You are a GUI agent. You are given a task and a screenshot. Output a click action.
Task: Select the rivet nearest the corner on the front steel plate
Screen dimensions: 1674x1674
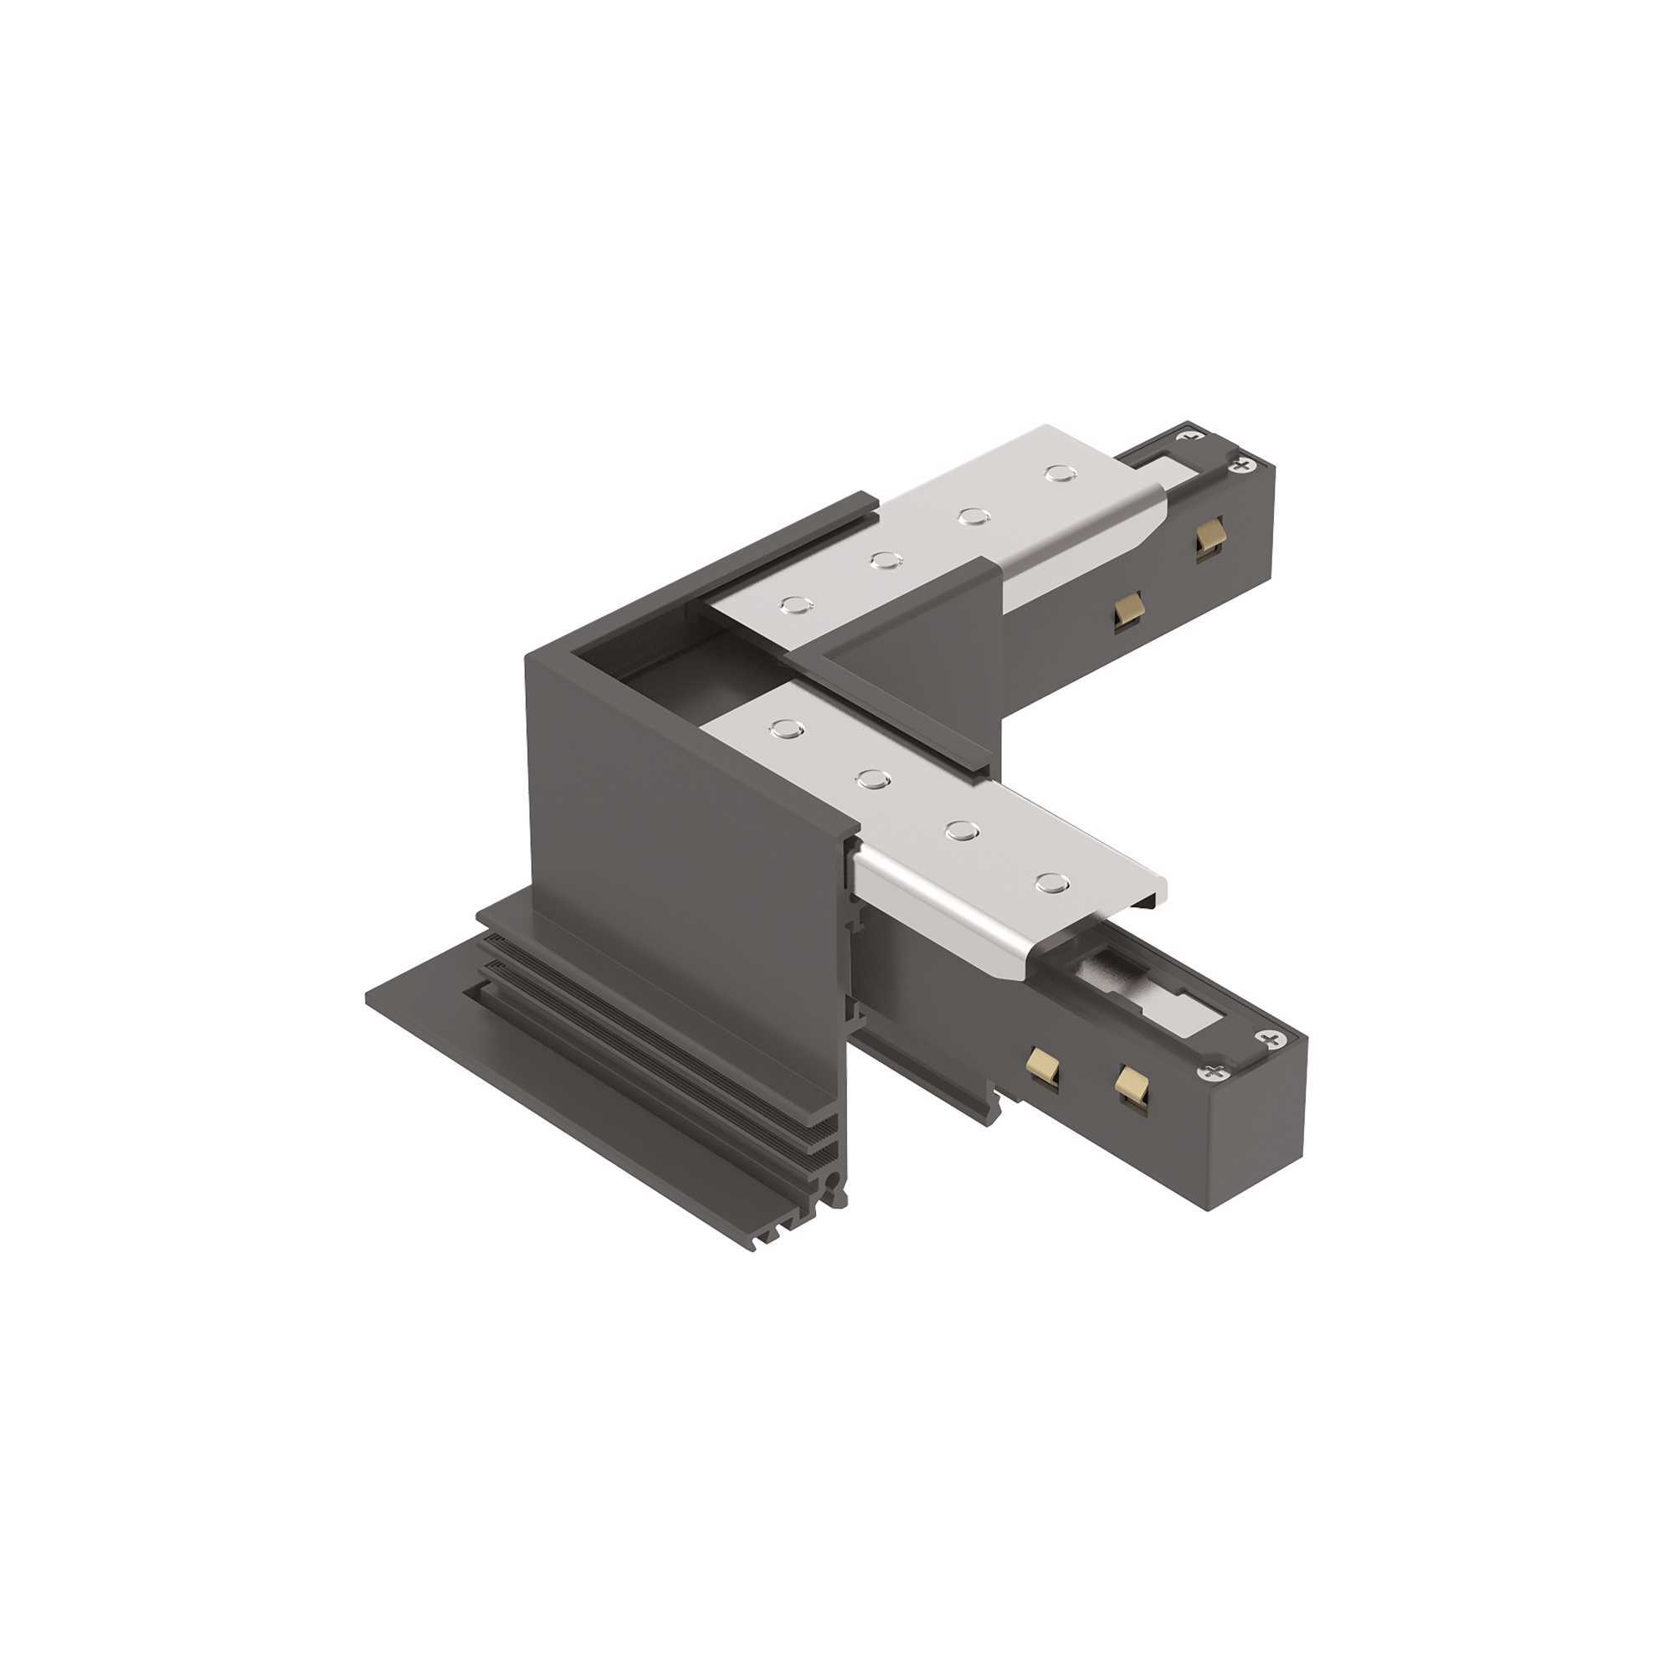786,729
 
